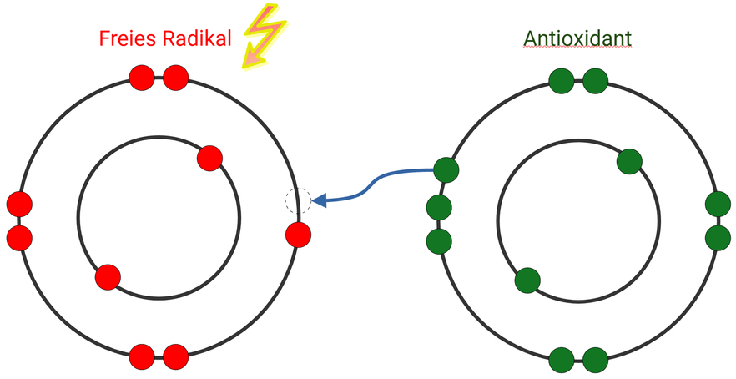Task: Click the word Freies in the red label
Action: coord(126,38)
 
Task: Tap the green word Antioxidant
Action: coord(577,38)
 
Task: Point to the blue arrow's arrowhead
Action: coord(320,200)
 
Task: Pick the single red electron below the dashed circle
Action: coord(298,235)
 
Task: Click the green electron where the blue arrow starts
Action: coord(446,170)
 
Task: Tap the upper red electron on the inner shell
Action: coord(209,157)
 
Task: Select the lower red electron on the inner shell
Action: coord(108,276)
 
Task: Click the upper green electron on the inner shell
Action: coord(629,161)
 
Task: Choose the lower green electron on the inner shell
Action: coord(527,280)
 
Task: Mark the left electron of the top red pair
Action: coord(143,79)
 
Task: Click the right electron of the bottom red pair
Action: coord(175,356)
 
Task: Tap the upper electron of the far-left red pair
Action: coord(19,204)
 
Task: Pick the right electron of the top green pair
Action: coord(595,81)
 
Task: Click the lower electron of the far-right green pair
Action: coord(718,237)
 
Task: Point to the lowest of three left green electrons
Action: coord(439,242)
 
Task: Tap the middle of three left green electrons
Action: coord(439,207)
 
